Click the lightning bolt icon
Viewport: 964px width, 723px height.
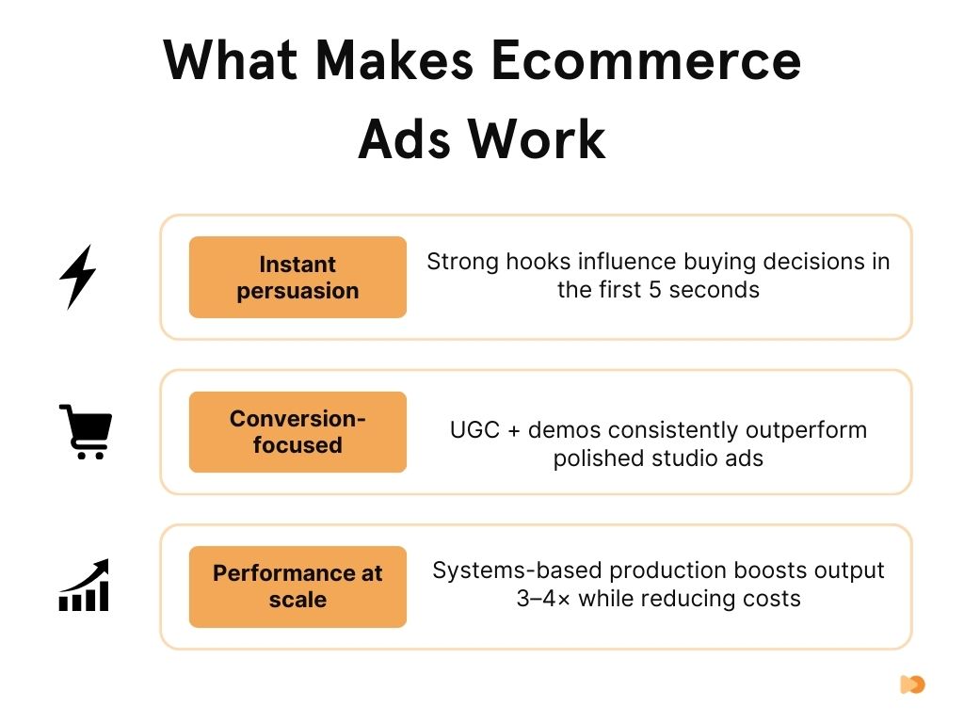coord(77,277)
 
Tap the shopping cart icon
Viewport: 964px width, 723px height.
coord(85,432)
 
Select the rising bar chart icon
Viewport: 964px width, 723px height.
coord(85,586)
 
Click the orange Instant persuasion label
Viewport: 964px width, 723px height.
coord(297,277)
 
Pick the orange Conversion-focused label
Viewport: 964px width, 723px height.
coord(297,432)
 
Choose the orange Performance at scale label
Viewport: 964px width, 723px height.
coord(297,586)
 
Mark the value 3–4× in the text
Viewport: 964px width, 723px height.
coord(544,598)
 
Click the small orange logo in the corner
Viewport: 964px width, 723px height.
coord(912,684)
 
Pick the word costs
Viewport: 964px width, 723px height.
coord(770,598)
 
